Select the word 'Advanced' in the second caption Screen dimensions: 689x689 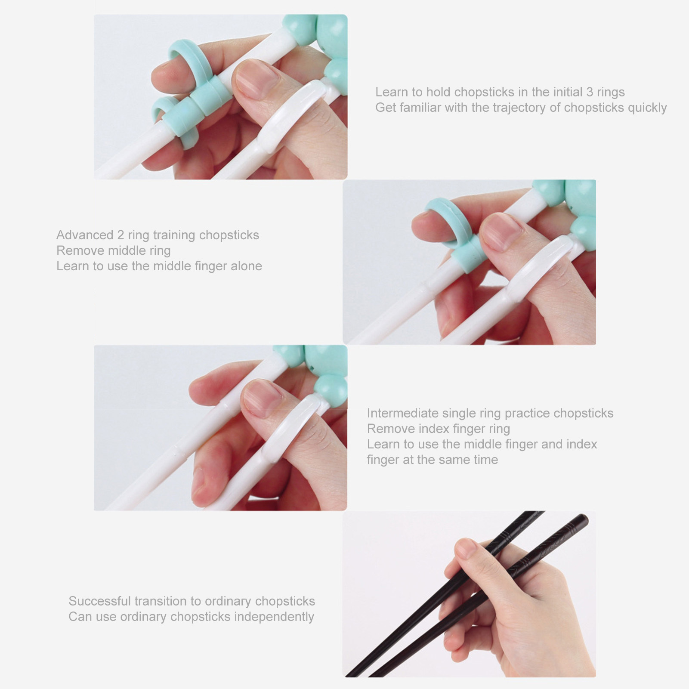coord(85,235)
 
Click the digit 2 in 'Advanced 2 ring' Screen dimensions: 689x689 coord(121,235)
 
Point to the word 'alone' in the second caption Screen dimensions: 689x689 coord(246,266)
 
